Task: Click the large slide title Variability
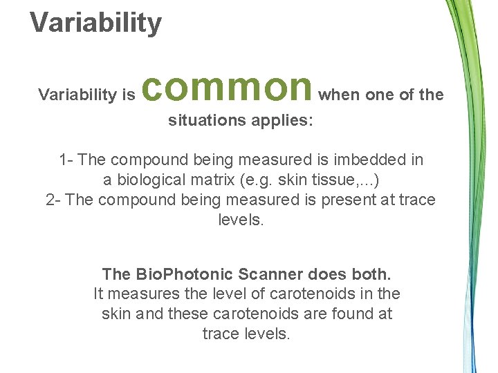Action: pos(95,22)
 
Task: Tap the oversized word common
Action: pos(229,86)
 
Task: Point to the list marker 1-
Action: pos(66,160)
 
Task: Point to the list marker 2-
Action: pos(53,200)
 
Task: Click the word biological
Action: pos(150,180)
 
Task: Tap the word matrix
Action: pos(213,180)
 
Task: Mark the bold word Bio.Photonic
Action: pos(169,273)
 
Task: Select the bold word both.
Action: pos(371,273)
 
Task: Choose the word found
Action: pos(353,313)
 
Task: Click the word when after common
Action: pos(339,95)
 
